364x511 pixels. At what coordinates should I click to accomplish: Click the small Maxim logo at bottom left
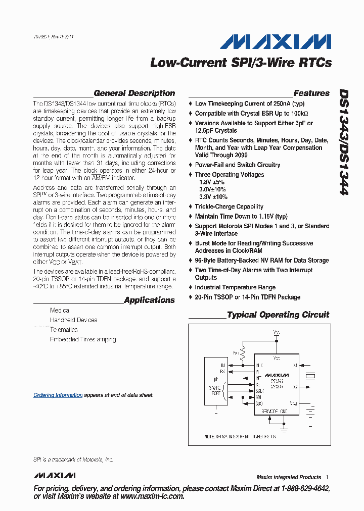55,476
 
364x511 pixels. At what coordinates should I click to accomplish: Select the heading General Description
134,93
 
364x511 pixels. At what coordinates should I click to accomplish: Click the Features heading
311,93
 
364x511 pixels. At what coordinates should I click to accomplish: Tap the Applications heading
149,300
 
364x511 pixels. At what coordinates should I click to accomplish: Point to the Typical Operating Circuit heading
278,315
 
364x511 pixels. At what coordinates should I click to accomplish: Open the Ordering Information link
58,395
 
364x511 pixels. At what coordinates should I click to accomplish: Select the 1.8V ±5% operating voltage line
211,182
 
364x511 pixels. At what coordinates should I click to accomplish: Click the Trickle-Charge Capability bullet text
229,207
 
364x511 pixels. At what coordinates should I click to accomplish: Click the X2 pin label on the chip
295,387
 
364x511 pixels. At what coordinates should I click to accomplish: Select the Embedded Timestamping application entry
83,339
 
